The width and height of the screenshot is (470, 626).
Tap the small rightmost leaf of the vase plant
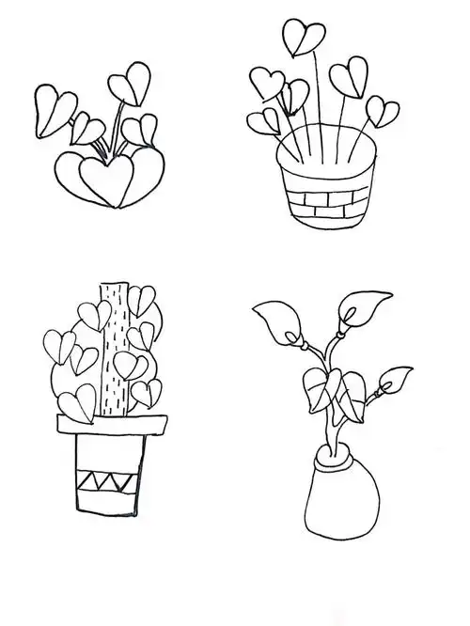393,379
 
